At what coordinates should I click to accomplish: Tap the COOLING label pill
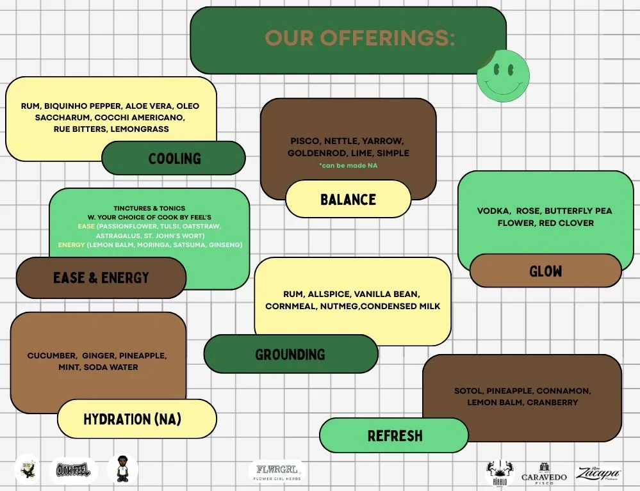[x=174, y=158]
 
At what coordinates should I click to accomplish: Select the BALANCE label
[x=348, y=199]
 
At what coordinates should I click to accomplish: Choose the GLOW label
[x=545, y=271]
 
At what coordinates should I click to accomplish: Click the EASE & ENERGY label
[x=101, y=278]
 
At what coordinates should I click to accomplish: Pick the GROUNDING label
[x=290, y=354]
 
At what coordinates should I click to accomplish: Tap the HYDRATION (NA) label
[x=132, y=419]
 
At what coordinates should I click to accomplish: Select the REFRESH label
[x=395, y=436]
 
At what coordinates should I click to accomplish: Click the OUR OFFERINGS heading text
[x=359, y=38]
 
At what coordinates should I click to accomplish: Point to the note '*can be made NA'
[x=348, y=165]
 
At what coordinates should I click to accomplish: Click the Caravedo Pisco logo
[x=544, y=472]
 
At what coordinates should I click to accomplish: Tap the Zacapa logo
[x=598, y=472]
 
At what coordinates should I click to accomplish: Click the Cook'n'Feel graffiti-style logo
[x=73, y=471]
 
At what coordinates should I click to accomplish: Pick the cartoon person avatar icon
[x=122, y=469]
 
